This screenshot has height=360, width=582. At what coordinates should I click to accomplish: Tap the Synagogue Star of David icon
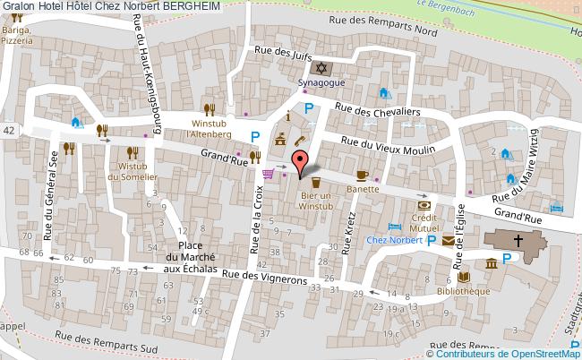(320, 68)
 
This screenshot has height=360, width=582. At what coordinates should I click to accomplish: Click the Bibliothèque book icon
(463, 278)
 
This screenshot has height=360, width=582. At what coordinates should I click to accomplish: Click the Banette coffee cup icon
(362, 175)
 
